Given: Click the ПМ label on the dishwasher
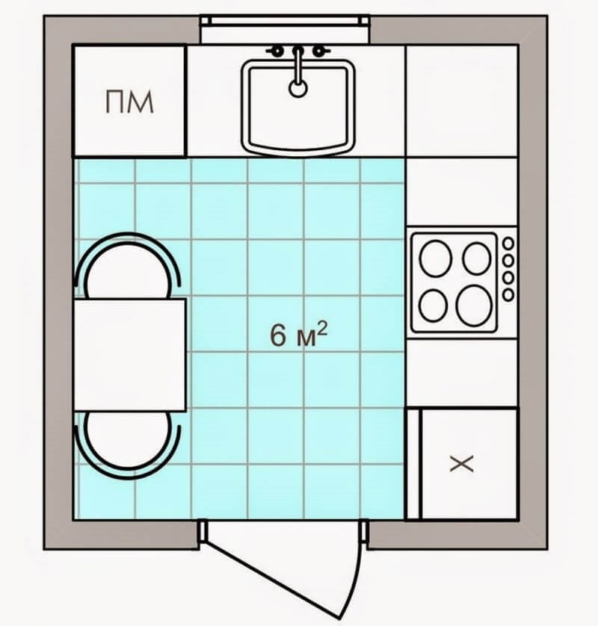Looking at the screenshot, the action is click(x=129, y=102).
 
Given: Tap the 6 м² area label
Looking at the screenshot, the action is click(x=299, y=335).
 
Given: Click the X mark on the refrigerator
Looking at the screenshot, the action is click(x=462, y=463).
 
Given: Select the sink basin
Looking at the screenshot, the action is click(x=298, y=107).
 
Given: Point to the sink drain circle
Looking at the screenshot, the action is click(x=298, y=88).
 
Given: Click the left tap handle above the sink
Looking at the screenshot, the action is click(x=276, y=51).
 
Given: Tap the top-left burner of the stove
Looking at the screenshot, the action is click(x=435, y=258).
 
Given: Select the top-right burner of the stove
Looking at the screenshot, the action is click(x=477, y=258).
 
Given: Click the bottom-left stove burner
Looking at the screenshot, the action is click(x=434, y=305).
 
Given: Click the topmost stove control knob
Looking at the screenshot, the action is click(x=508, y=243).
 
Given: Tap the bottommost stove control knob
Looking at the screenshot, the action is click(x=508, y=295).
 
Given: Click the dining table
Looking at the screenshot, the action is click(x=130, y=355).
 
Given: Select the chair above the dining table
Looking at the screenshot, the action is click(x=127, y=265).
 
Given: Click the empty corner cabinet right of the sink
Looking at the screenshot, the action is click(x=462, y=101).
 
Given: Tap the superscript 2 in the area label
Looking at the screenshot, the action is click(x=322, y=329).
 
